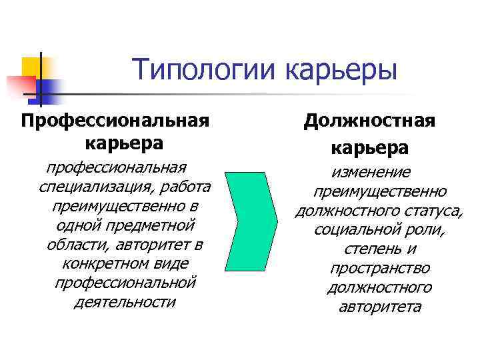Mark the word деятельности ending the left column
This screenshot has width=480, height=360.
point(125,302)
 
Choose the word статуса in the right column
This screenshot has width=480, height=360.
point(433,211)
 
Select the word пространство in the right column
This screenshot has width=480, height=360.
point(379,269)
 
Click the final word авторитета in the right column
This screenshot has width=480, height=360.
point(379,307)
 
